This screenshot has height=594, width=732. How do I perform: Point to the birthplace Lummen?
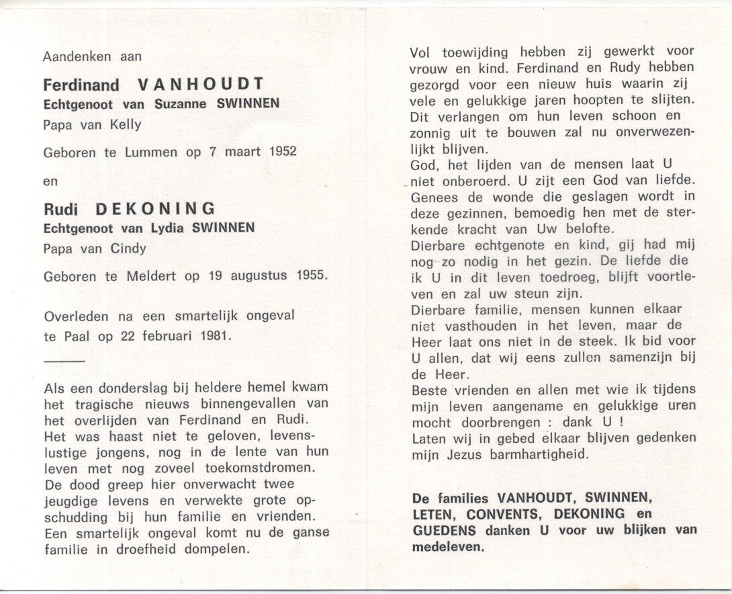coord(152,152)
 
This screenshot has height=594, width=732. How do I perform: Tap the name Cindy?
coord(130,248)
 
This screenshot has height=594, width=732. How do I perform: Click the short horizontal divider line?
coord(64,362)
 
